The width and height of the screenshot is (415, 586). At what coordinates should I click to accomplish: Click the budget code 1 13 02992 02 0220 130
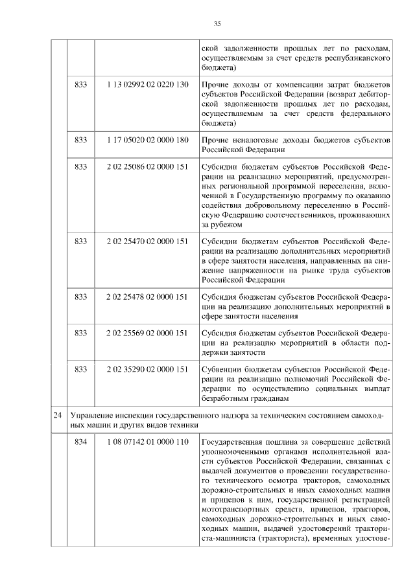[147, 85]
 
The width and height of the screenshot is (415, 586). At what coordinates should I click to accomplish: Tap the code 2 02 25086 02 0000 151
[147, 166]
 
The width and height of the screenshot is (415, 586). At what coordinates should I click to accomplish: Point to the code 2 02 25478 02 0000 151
[147, 297]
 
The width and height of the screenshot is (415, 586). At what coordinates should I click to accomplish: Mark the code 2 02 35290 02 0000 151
[147, 369]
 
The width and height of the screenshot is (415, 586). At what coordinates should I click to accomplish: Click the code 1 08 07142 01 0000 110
[147, 442]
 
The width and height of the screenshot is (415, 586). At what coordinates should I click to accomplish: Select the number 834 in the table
[81, 442]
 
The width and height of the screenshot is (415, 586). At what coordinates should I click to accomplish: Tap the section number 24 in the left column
[58, 414]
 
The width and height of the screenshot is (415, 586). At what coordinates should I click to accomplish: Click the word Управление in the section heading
[95, 414]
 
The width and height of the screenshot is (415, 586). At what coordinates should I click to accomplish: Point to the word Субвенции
[223, 369]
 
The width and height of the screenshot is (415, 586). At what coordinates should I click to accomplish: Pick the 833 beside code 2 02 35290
[81, 369]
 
